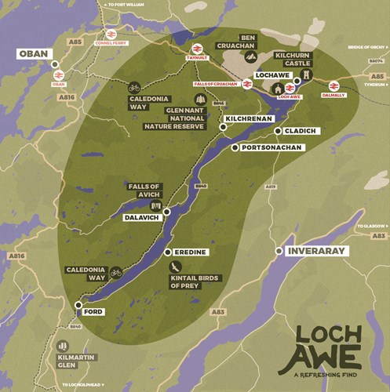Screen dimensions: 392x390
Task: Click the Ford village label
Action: pyautogui.click(x=93, y=311)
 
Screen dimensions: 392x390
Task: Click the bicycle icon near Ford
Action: pyautogui.click(x=116, y=273)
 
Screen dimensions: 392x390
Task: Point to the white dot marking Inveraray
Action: pyautogui.click(x=279, y=251)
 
